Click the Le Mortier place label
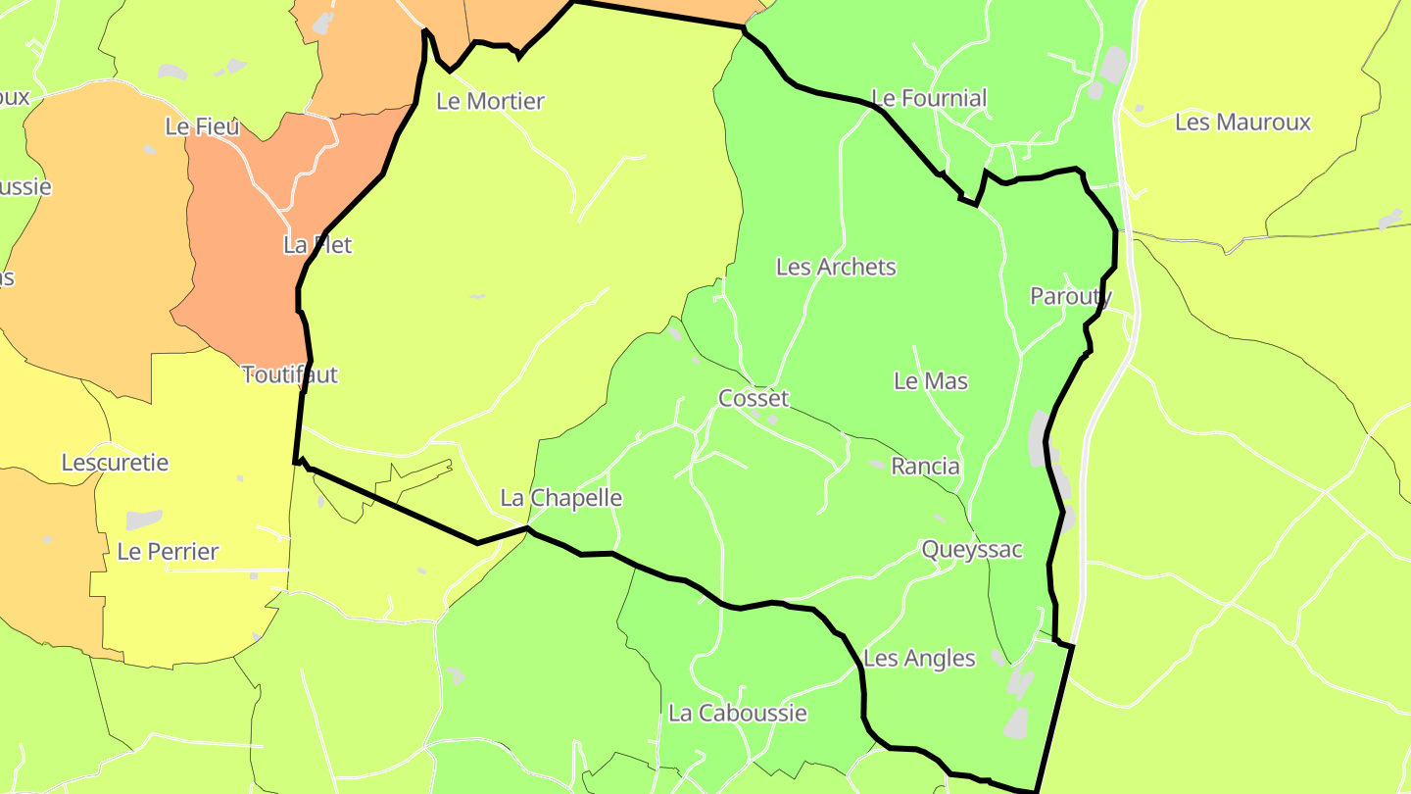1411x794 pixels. [x=490, y=101]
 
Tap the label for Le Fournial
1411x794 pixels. [x=929, y=98]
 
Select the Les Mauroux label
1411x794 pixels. [x=1242, y=123]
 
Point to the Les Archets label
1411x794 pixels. [x=836, y=267]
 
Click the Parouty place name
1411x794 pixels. [x=1071, y=296]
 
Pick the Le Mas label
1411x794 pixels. [x=931, y=380]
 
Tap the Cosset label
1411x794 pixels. [x=754, y=398]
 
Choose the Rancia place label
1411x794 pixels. [x=925, y=467]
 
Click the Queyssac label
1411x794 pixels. [x=972, y=550]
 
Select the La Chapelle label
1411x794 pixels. [x=561, y=498]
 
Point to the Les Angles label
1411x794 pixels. [x=919, y=658]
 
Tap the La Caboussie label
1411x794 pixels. [x=738, y=713]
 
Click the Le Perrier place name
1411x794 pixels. [x=168, y=552]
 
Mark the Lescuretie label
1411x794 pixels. [x=116, y=463]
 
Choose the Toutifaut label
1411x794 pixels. [x=289, y=374]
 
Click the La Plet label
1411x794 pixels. [x=317, y=245]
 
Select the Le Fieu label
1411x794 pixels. [x=203, y=126]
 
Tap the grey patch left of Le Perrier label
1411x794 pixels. [x=143, y=520]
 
